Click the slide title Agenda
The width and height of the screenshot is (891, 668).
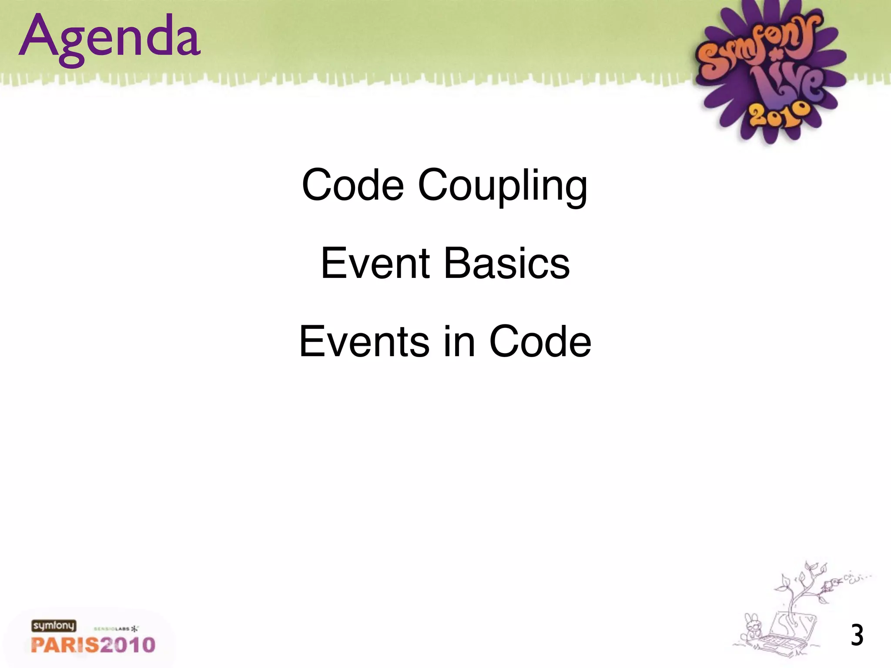click(110, 38)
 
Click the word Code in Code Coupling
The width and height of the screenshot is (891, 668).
click(352, 185)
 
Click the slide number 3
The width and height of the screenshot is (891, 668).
click(857, 635)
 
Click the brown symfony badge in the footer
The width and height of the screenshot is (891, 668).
click(54, 626)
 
